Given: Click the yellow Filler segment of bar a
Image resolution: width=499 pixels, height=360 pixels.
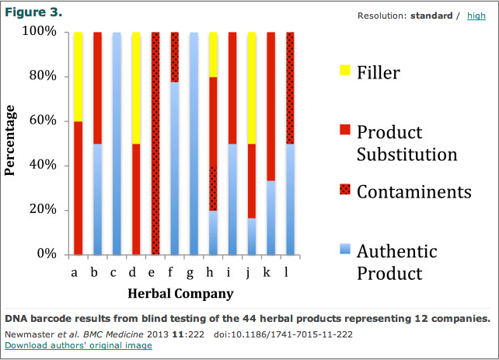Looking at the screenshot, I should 78,76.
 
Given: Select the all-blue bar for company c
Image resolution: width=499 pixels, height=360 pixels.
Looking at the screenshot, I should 117,144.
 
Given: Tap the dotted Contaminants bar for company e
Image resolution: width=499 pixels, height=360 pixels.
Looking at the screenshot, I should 155,144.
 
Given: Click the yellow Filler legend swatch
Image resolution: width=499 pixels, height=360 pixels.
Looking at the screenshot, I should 344,72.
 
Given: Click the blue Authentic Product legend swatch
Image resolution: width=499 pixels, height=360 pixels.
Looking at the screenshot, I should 344,249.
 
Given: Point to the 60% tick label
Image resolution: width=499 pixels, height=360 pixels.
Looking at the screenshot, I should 40,121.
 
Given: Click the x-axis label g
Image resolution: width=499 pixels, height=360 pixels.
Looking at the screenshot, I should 193,272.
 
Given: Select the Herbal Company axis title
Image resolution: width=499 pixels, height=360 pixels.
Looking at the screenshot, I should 180,294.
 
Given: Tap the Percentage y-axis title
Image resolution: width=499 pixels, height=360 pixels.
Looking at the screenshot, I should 11,143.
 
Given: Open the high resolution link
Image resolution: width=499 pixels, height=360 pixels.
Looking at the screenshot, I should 476,16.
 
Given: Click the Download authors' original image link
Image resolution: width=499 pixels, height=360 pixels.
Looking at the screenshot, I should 79,344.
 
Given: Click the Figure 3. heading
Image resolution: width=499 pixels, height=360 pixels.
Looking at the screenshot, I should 34,13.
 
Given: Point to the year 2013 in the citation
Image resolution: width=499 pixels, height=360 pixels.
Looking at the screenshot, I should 159,334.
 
